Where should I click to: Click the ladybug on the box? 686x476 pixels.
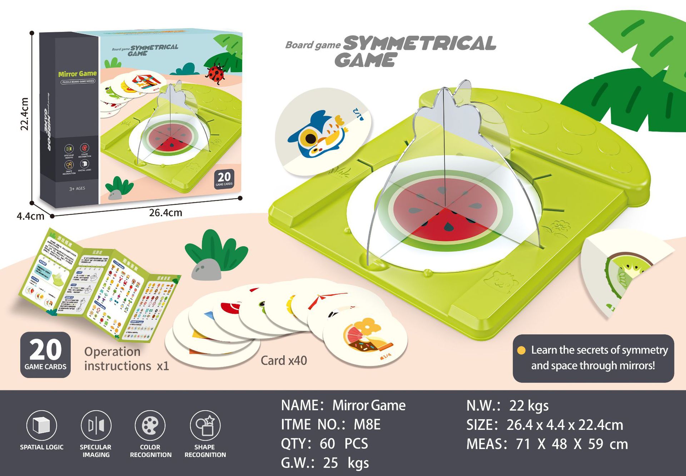(x=215, y=73)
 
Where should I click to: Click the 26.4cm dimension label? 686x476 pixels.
(x=165, y=213)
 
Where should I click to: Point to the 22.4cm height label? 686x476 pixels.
(x=24, y=114)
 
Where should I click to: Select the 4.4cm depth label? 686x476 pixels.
(x=30, y=216)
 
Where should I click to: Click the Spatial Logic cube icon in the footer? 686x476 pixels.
(x=41, y=426)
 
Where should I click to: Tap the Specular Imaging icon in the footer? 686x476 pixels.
(x=96, y=426)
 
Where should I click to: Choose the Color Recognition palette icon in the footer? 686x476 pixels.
(x=150, y=426)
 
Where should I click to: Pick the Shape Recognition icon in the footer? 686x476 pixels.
(x=205, y=426)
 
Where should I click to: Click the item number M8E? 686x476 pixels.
(x=367, y=425)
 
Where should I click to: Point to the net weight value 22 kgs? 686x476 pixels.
(x=528, y=406)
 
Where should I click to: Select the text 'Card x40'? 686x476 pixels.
(x=284, y=360)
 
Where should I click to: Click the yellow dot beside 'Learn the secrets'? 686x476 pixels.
(x=521, y=350)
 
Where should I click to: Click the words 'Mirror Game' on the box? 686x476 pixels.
(x=78, y=74)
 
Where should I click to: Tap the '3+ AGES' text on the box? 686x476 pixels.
(x=77, y=188)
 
